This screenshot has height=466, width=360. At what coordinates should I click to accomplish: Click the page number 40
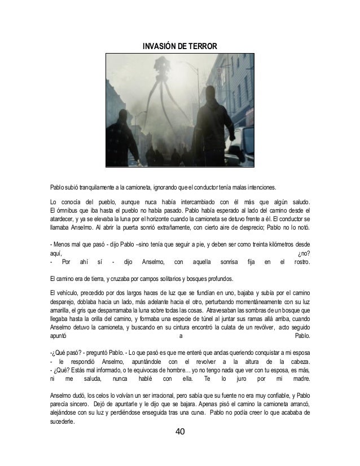[x=180, y=432]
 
